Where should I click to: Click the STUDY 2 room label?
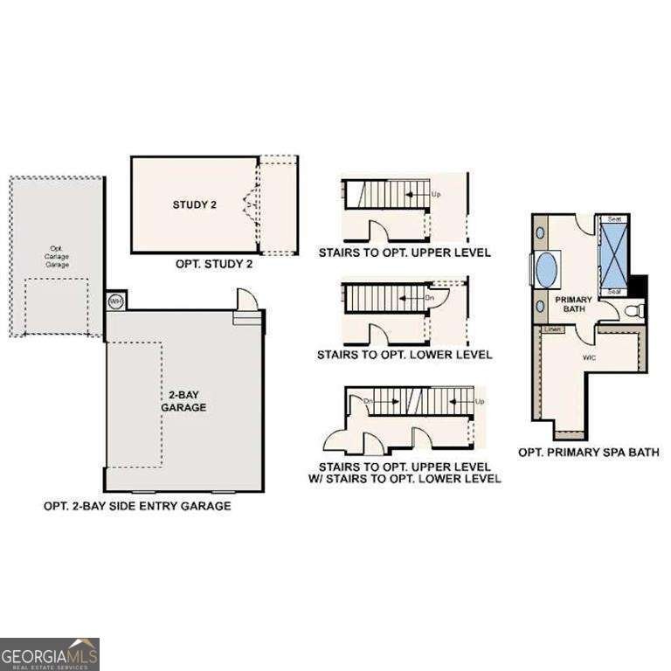pyautogui.click(x=194, y=205)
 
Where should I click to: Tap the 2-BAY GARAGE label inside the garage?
pyautogui.click(x=183, y=401)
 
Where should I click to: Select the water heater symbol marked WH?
pyautogui.click(x=114, y=301)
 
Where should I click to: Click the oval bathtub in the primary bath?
pyautogui.click(x=548, y=269)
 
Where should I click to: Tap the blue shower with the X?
pyautogui.click(x=614, y=253)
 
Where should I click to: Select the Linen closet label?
pyautogui.click(x=552, y=329)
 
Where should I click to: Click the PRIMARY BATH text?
pyautogui.click(x=573, y=305)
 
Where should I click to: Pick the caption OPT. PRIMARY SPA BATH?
pyautogui.click(x=588, y=452)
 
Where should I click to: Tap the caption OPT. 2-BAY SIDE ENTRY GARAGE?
pyautogui.click(x=137, y=506)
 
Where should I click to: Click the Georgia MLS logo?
pyautogui.click(x=50, y=654)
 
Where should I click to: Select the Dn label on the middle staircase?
pyautogui.click(x=429, y=297)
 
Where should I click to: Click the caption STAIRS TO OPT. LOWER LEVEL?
pyautogui.click(x=405, y=355)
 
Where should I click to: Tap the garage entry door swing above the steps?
pyautogui.click(x=249, y=301)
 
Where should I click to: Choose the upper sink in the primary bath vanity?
pyautogui.click(x=539, y=232)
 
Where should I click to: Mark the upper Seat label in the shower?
pyautogui.click(x=614, y=218)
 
